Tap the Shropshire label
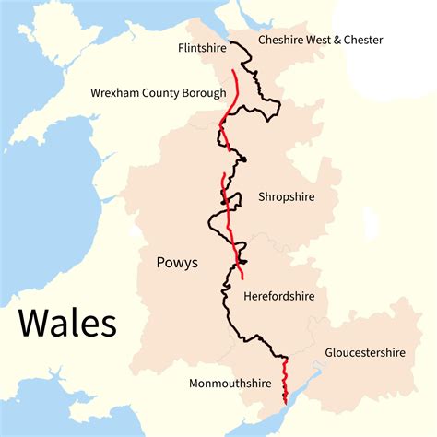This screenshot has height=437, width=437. [x=287, y=197]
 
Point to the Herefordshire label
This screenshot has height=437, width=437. [x=278, y=297]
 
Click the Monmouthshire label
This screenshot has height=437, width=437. [x=230, y=383]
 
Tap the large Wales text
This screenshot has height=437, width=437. [x=67, y=324]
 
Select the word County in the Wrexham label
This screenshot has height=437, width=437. [x=162, y=93]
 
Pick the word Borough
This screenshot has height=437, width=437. [x=204, y=93]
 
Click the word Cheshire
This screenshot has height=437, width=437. [x=282, y=40]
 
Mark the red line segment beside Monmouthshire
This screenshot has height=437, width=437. [x=284, y=380]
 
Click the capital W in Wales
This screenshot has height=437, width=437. [x=30, y=324]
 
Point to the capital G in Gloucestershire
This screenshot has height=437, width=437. [x=329, y=353]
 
